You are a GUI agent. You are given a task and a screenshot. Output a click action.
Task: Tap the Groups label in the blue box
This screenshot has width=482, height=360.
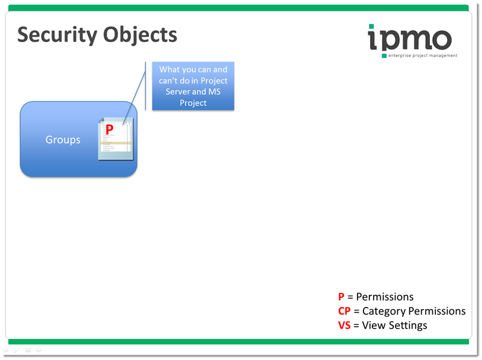[63, 140]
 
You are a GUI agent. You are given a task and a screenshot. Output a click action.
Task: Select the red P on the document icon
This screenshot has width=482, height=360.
[109, 130]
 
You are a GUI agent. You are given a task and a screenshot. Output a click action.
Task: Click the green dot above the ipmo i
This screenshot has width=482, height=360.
[371, 27]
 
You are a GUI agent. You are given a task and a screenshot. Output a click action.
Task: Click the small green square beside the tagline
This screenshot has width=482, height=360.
[384, 56]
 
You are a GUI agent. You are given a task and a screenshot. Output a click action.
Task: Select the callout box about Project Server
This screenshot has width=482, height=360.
[193, 86]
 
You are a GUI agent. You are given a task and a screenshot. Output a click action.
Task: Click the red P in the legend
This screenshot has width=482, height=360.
[341, 297]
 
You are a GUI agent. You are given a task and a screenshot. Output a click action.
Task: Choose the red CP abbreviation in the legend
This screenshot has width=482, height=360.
[345, 311]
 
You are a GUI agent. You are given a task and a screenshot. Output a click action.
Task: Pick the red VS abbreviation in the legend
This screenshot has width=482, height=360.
[345, 326]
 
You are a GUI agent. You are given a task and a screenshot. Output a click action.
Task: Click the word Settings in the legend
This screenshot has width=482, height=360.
[407, 326]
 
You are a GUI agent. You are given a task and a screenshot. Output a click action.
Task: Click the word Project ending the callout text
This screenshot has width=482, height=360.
[193, 103]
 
